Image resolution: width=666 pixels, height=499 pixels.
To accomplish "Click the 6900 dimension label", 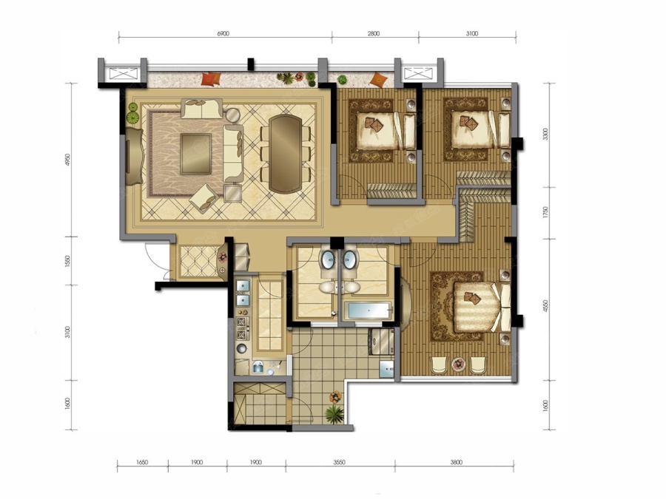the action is pyautogui.click(x=223, y=33).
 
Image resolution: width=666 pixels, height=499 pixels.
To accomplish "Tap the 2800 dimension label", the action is pyautogui.click(x=374, y=33).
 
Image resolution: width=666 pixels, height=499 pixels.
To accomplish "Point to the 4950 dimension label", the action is pyautogui.click(x=68, y=160).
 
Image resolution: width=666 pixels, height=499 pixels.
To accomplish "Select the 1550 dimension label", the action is pyautogui.click(x=68, y=260).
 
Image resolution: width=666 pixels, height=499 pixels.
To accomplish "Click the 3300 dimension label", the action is pyautogui.click(x=546, y=134).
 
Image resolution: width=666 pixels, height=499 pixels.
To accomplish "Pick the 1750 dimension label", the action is pyautogui.click(x=546, y=213).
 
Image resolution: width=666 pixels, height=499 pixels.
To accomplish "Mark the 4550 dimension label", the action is pyautogui.click(x=546, y=306).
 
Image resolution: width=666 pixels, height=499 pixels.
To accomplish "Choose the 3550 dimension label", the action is pyautogui.click(x=339, y=462).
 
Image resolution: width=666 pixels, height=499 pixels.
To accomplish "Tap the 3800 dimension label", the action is pyautogui.click(x=456, y=462).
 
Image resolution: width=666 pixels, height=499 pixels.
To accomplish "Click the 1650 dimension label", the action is pyautogui.click(x=142, y=462).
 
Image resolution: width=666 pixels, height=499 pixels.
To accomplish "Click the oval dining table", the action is pyautogui.click(x=286, y=153).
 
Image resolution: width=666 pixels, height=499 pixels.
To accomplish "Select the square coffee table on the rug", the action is pyautogui.click(x=196, y=154).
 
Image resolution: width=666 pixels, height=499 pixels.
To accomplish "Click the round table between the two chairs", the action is pyautogui.click(x=458, y=364).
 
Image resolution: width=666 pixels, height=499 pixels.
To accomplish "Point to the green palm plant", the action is pyautogui.click(x=334, y=414).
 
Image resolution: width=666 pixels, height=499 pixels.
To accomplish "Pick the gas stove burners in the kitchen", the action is pyautogui.click(x=242, y=327).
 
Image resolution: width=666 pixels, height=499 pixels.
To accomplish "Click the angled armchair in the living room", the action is pyautogui.click(x=204, y=197).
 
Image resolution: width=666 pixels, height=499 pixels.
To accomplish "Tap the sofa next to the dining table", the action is pyautogui.click(x=233, y=153).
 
